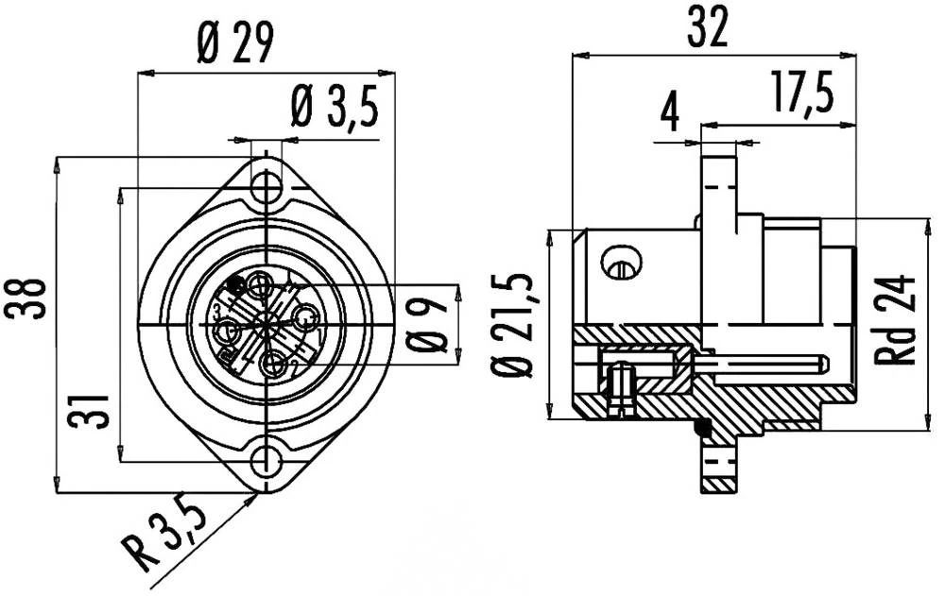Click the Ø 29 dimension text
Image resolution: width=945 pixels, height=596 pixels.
(235, 43)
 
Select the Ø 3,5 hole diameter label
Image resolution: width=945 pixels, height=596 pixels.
(335, 110)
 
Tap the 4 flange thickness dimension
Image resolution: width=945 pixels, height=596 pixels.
(669, 111)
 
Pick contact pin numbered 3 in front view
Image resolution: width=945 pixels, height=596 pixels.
(227, 332)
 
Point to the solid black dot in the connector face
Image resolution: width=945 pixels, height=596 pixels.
(235, 281)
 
